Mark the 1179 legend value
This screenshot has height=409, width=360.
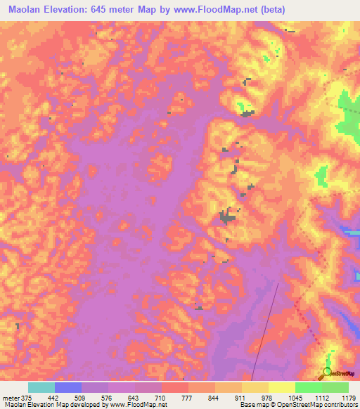point(348,398)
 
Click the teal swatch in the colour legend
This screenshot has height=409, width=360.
point(41,387)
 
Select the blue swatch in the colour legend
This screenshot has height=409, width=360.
point(68,387)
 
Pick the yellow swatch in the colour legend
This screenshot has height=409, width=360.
point(281,387)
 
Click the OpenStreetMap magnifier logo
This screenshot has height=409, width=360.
point(327,372)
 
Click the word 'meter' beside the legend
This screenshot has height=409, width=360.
point(10,398)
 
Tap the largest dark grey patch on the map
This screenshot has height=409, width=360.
point(226,217)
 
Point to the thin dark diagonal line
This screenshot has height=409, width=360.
point(268,330)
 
